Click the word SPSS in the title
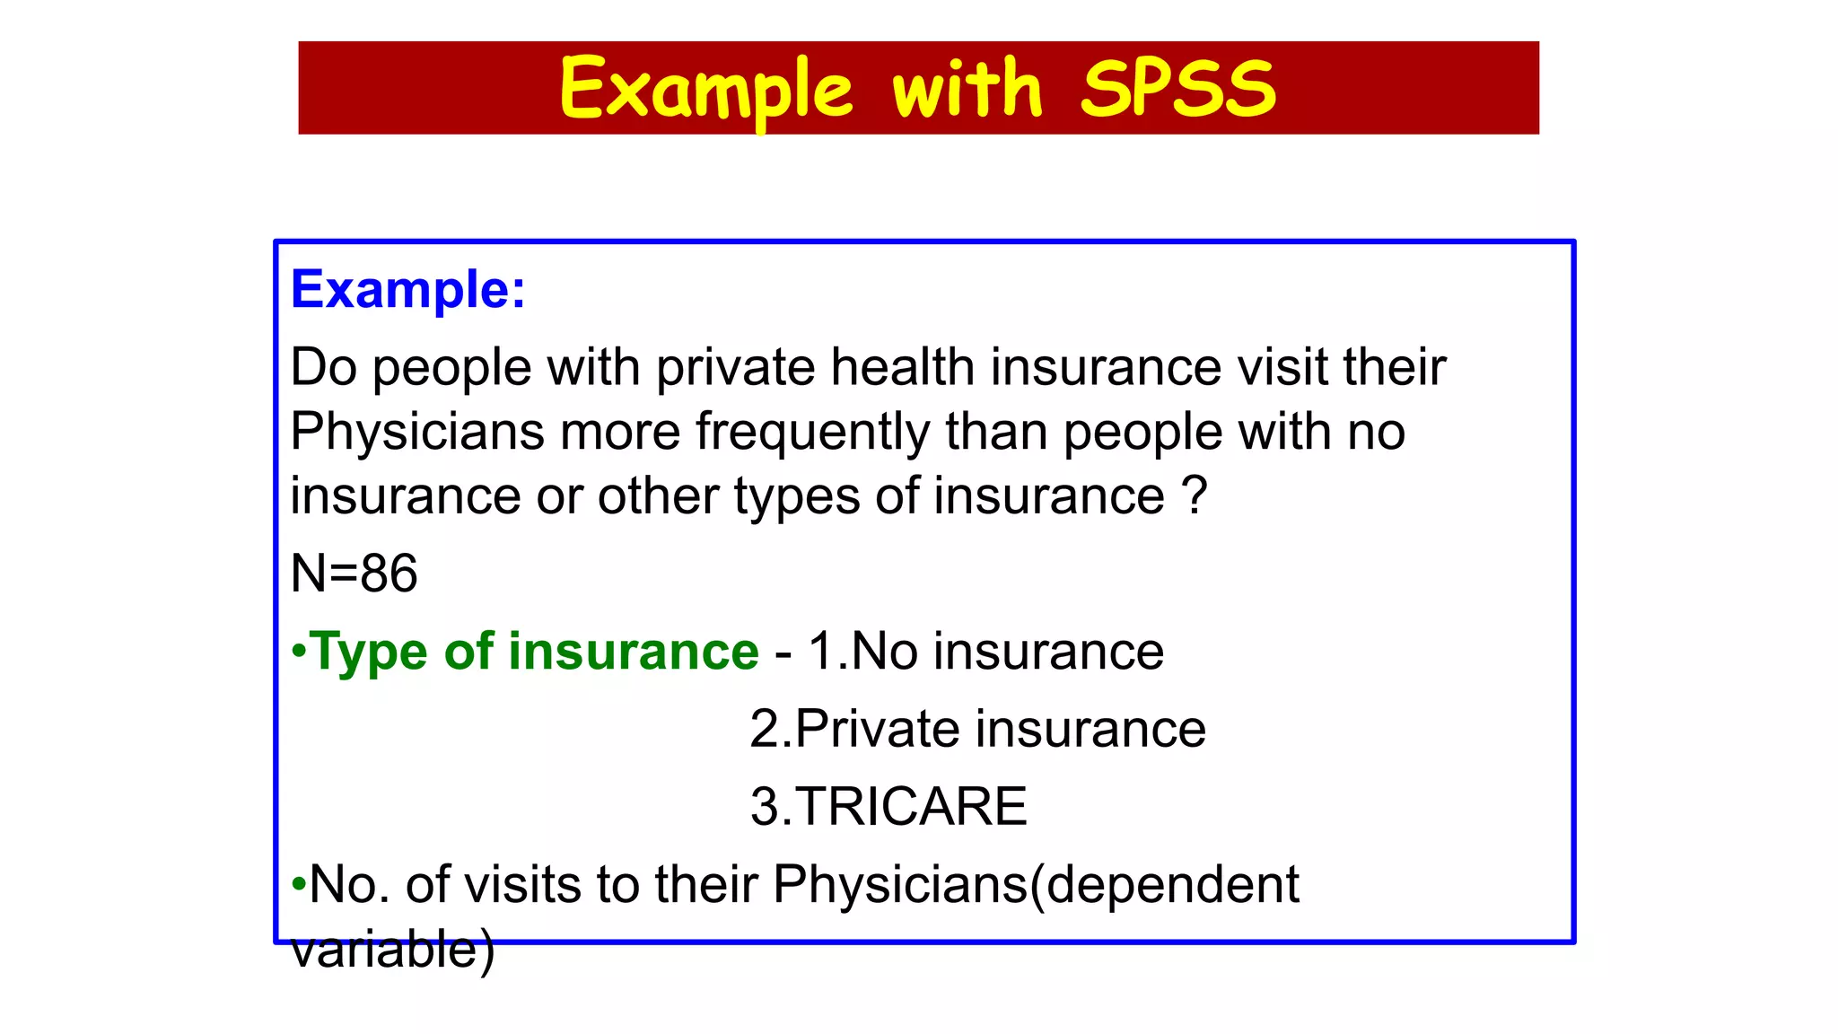pos(1177,88)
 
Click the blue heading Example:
pos(407,290)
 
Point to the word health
pos(902,367)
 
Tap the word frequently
pos(813,433)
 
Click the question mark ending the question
pos(1195,495)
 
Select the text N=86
pos(354,573)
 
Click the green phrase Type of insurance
pos(534,651)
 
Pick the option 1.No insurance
pos(985,651)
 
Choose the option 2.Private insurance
pos(977,729)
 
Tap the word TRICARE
pos(910,806)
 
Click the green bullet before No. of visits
pos(299,885)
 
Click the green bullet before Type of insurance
pos(299,651)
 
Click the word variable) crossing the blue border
pos(392,950)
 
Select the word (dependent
pos(1164,884)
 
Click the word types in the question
pos(797,496)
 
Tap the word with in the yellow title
pos(967,88)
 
